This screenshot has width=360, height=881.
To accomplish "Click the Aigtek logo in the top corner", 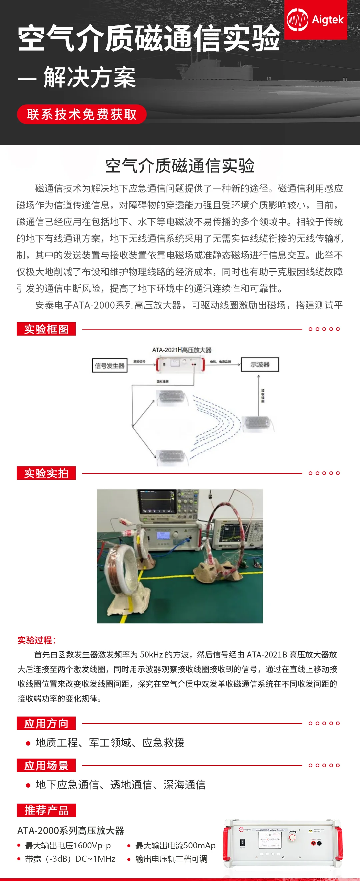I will point(316,20).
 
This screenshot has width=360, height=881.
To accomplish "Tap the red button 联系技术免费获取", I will point(82,114).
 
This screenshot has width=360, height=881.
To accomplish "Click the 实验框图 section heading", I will point(46,329).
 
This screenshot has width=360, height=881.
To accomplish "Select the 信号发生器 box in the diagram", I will point(109,366).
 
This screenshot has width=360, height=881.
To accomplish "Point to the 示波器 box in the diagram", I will point(260,365).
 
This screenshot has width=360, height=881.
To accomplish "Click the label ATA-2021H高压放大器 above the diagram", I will point(182,350).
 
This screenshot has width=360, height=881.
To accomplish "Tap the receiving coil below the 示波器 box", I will point(257,423).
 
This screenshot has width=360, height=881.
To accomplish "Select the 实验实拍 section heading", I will point(46,473).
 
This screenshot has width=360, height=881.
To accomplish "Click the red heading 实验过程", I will point(36,640).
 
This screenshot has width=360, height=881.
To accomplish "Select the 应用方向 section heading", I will point(46,723).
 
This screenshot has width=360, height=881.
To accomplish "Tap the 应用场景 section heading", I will point(46,765).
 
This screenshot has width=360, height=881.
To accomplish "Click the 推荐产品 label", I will point(46,810).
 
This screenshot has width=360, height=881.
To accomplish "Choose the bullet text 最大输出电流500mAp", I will point(175,845).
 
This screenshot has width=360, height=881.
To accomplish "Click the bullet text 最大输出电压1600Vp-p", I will point(68,845).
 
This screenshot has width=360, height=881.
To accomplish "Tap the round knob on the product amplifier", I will point(292,837).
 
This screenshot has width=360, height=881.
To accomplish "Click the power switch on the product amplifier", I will point(242,842).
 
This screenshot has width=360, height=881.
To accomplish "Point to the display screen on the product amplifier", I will point(270,840).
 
